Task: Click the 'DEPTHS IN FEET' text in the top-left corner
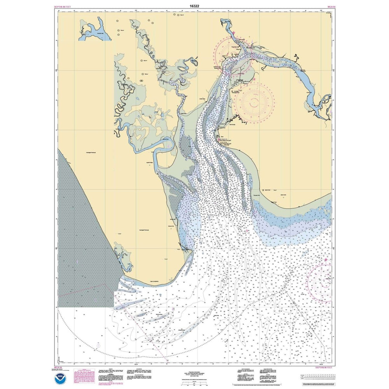(65, 7)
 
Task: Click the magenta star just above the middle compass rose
(254, 79)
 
